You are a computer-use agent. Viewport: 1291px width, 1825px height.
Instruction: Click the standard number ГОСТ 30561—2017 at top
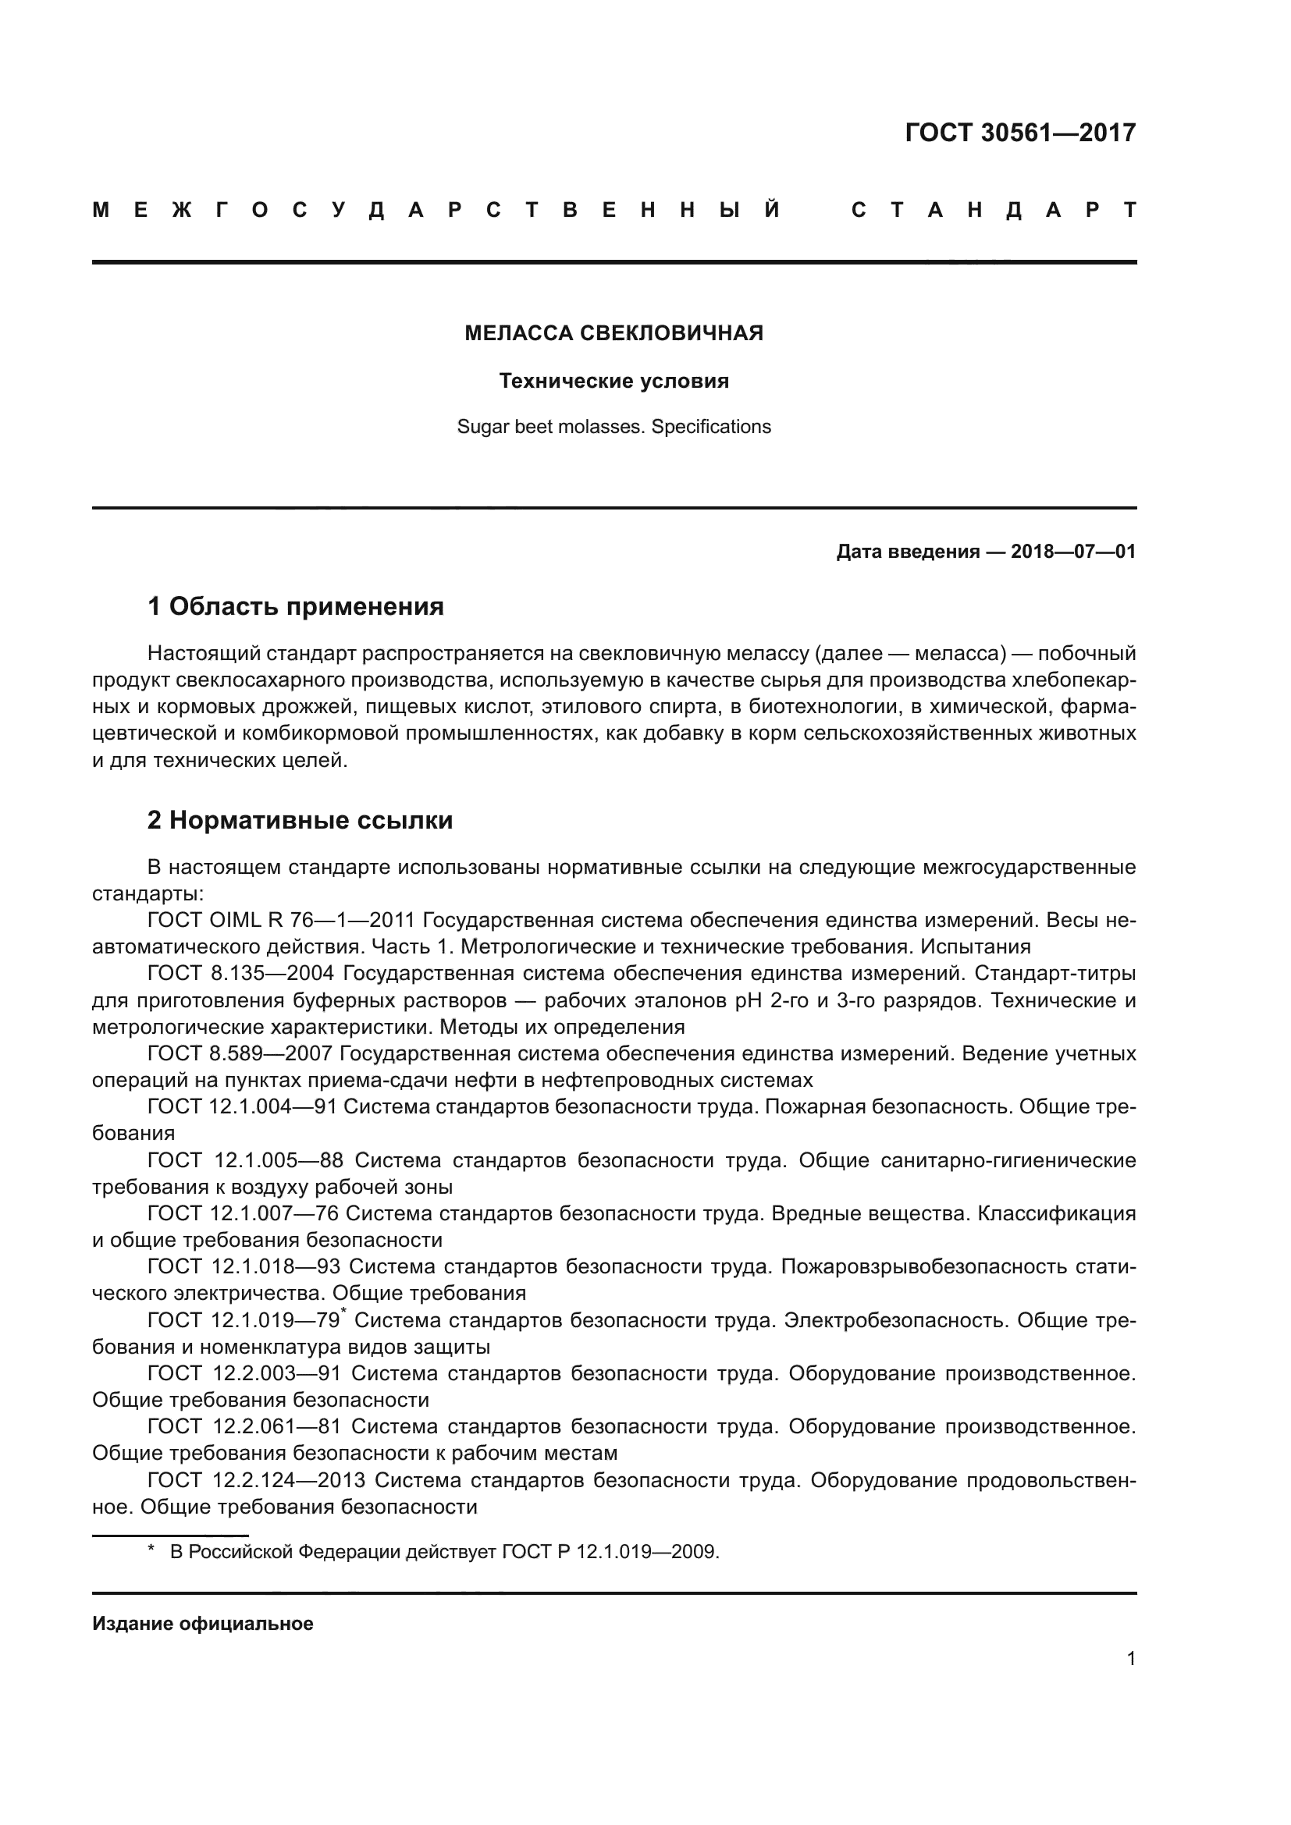click(x=1020, y=132)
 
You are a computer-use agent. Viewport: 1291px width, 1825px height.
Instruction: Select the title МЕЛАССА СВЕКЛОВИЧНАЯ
click(x=613, y=333)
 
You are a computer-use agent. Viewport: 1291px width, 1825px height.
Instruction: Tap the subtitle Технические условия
click(x=613, y=381)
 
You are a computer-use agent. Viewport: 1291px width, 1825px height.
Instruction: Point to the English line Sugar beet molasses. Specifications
click(x=613, y=427)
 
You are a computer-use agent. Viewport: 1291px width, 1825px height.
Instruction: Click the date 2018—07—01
click(x=1072, y=552)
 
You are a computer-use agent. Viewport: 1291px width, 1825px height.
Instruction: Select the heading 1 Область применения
click(x=296, y=606)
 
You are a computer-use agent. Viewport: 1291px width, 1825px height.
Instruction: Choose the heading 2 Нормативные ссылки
click(x=300, y=819)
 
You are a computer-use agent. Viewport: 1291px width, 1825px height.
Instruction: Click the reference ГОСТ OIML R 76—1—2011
click(x=282, y=921)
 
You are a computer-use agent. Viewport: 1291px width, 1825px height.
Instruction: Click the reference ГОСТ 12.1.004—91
click(x=243, y=1107)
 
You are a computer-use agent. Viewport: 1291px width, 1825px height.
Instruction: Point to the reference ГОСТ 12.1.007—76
click(x=244, y=1214)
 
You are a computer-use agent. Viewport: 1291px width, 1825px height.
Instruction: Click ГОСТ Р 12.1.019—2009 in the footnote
click(x=610, y=1552)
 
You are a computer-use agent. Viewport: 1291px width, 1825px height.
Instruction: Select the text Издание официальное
click(x=203, y=1624)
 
